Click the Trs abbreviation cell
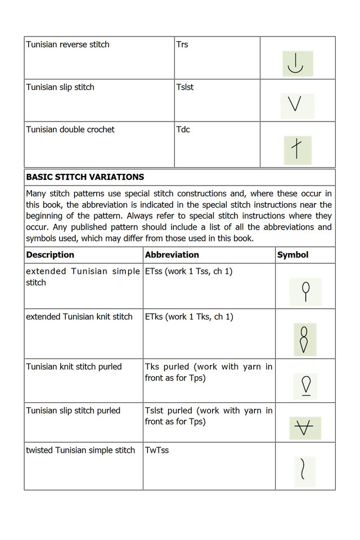(182, 44)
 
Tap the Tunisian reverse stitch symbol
(297, 64)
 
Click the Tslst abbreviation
(185, 87)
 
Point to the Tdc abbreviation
(183, 129)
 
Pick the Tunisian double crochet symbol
(297, 150)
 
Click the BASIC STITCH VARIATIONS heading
(85, 177)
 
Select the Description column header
(50, 255)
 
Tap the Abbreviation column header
(172, 255)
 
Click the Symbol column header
(293, 255)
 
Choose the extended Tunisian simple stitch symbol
(305, 291)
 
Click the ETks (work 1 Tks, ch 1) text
(189, 317)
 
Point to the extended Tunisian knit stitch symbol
(305, 339)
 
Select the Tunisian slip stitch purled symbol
(305, 429)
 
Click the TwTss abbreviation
(157, 450)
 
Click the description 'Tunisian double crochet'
(70, 129)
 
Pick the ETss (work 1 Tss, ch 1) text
(189, 271)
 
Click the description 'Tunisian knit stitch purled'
(74, 367)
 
